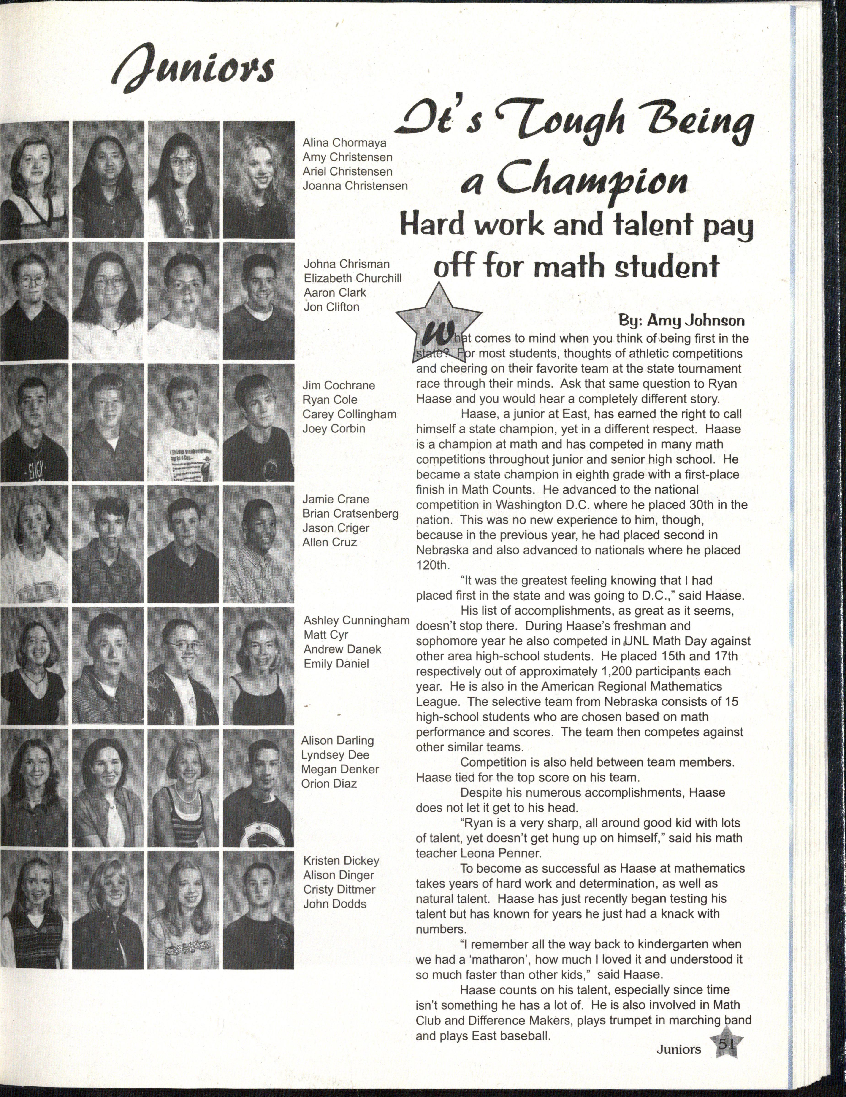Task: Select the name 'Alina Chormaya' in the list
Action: [x=344, y=143]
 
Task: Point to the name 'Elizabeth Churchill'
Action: [x=353, y=278]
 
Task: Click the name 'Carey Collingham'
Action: [x=349, y=414]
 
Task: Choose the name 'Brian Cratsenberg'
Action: [x=350, y=514]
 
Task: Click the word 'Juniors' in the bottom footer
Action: [x=678, y=1049]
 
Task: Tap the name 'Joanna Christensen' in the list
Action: [x=355, y=186]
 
